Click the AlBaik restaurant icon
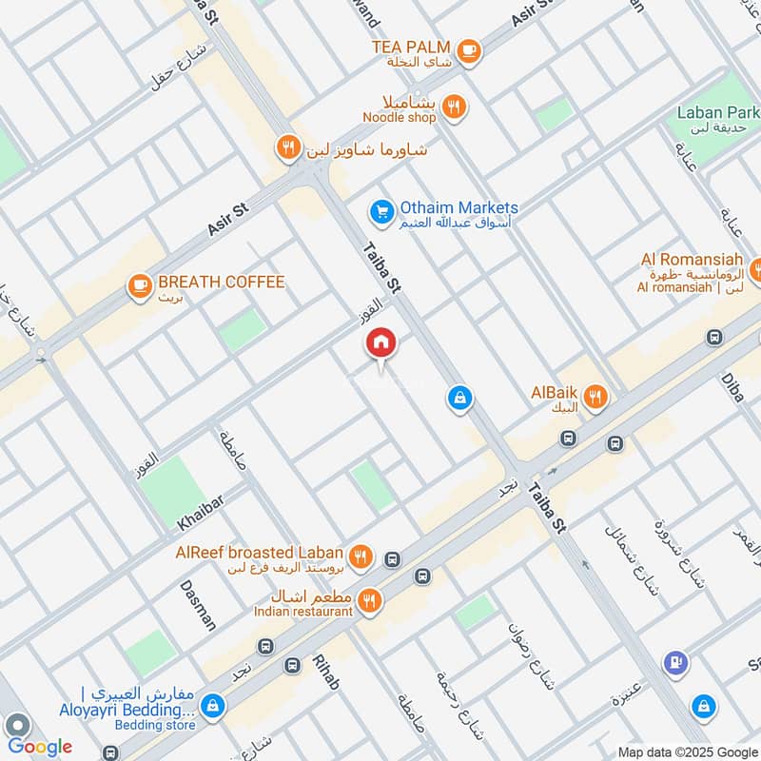[596, 398]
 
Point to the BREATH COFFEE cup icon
[140, 283]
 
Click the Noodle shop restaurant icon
[455, 107]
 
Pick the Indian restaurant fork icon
[371, 600]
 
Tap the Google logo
[40, 747]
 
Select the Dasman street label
[197, 605]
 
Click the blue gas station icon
[675, 663]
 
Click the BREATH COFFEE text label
[222, 283]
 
